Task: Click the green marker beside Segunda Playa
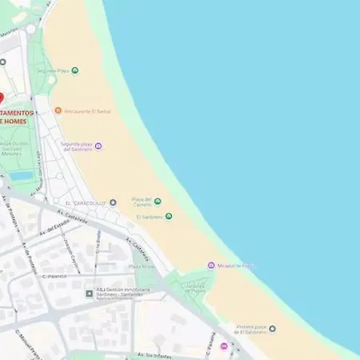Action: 74,70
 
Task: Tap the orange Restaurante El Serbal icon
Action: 58,110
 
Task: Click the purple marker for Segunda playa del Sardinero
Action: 98,146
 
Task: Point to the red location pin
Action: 2,98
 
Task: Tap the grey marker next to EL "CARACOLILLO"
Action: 113,202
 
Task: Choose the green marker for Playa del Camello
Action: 158,201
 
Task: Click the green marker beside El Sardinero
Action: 169,216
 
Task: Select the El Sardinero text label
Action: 150,216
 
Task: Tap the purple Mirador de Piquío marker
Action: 211,265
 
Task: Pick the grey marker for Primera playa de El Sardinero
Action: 273,328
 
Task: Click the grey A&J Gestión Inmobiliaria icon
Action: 90,294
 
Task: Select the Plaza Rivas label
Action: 141,266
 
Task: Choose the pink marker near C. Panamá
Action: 224,346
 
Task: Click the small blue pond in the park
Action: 22,174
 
